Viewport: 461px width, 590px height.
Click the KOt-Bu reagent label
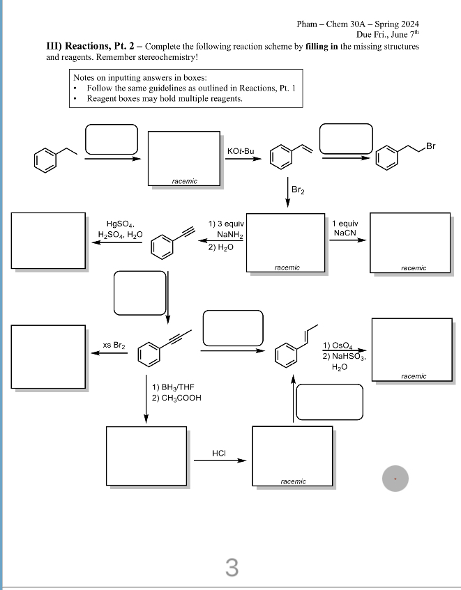coord(241,151)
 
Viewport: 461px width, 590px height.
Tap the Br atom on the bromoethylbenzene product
coord(430,146)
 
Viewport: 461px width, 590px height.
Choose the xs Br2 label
coord(114,345)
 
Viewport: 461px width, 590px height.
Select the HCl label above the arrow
coord(218,453)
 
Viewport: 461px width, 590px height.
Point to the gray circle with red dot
coord(395,479)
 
